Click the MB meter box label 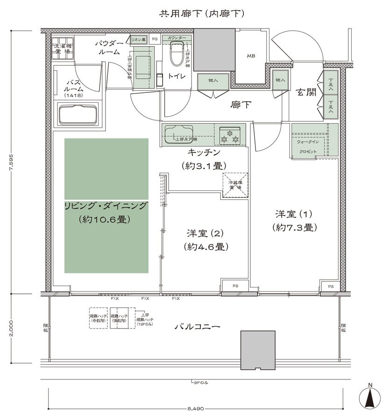tap(250, 56)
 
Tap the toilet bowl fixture tap(177, 54)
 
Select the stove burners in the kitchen tap(230, 135)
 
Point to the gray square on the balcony tap(257, 350)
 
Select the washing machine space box tap(62, 48)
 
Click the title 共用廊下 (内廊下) tap(201, 14)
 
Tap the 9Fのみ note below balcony tap(200, 383)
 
